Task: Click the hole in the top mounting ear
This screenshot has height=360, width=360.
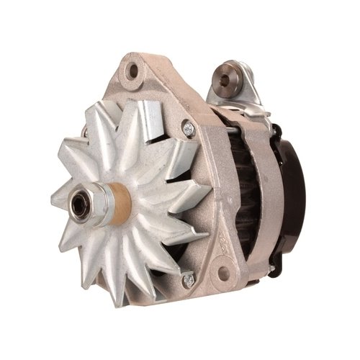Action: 133,72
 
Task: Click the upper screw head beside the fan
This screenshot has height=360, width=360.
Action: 189,129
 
